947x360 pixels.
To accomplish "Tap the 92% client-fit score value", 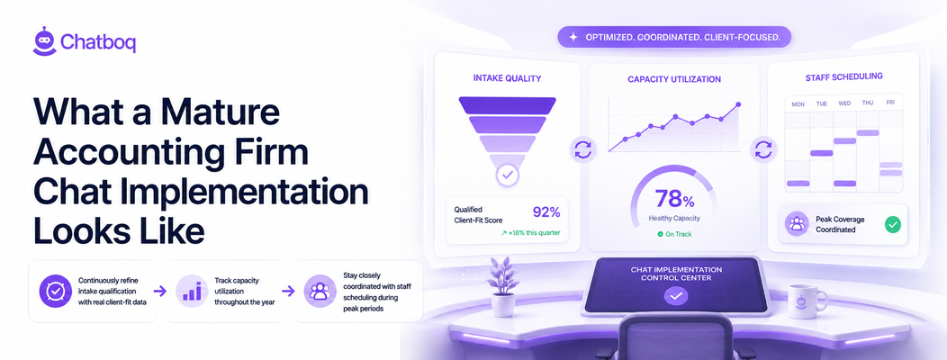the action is coord(546,212).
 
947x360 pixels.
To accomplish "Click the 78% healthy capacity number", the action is coord(674,199).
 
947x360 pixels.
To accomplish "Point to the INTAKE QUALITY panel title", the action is coord(508,78).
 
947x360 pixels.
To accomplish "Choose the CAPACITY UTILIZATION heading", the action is coord(674,79).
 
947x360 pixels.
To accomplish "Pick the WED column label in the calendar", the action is coord(844,103).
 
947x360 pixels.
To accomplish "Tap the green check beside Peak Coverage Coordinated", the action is coord(893,225).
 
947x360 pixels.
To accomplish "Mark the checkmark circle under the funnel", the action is coord(508,175).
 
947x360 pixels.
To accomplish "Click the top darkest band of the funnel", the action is coord(508,105).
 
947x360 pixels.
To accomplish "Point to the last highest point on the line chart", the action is coord(738,104).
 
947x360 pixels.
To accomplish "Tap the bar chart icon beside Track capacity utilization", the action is coord(192,291).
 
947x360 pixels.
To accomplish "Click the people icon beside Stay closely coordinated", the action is coord(319,291).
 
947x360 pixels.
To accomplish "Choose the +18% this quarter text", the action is coord(531,233).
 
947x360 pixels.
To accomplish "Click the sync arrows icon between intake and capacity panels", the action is coord(583,148).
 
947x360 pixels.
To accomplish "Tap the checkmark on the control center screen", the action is coord(674,296).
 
